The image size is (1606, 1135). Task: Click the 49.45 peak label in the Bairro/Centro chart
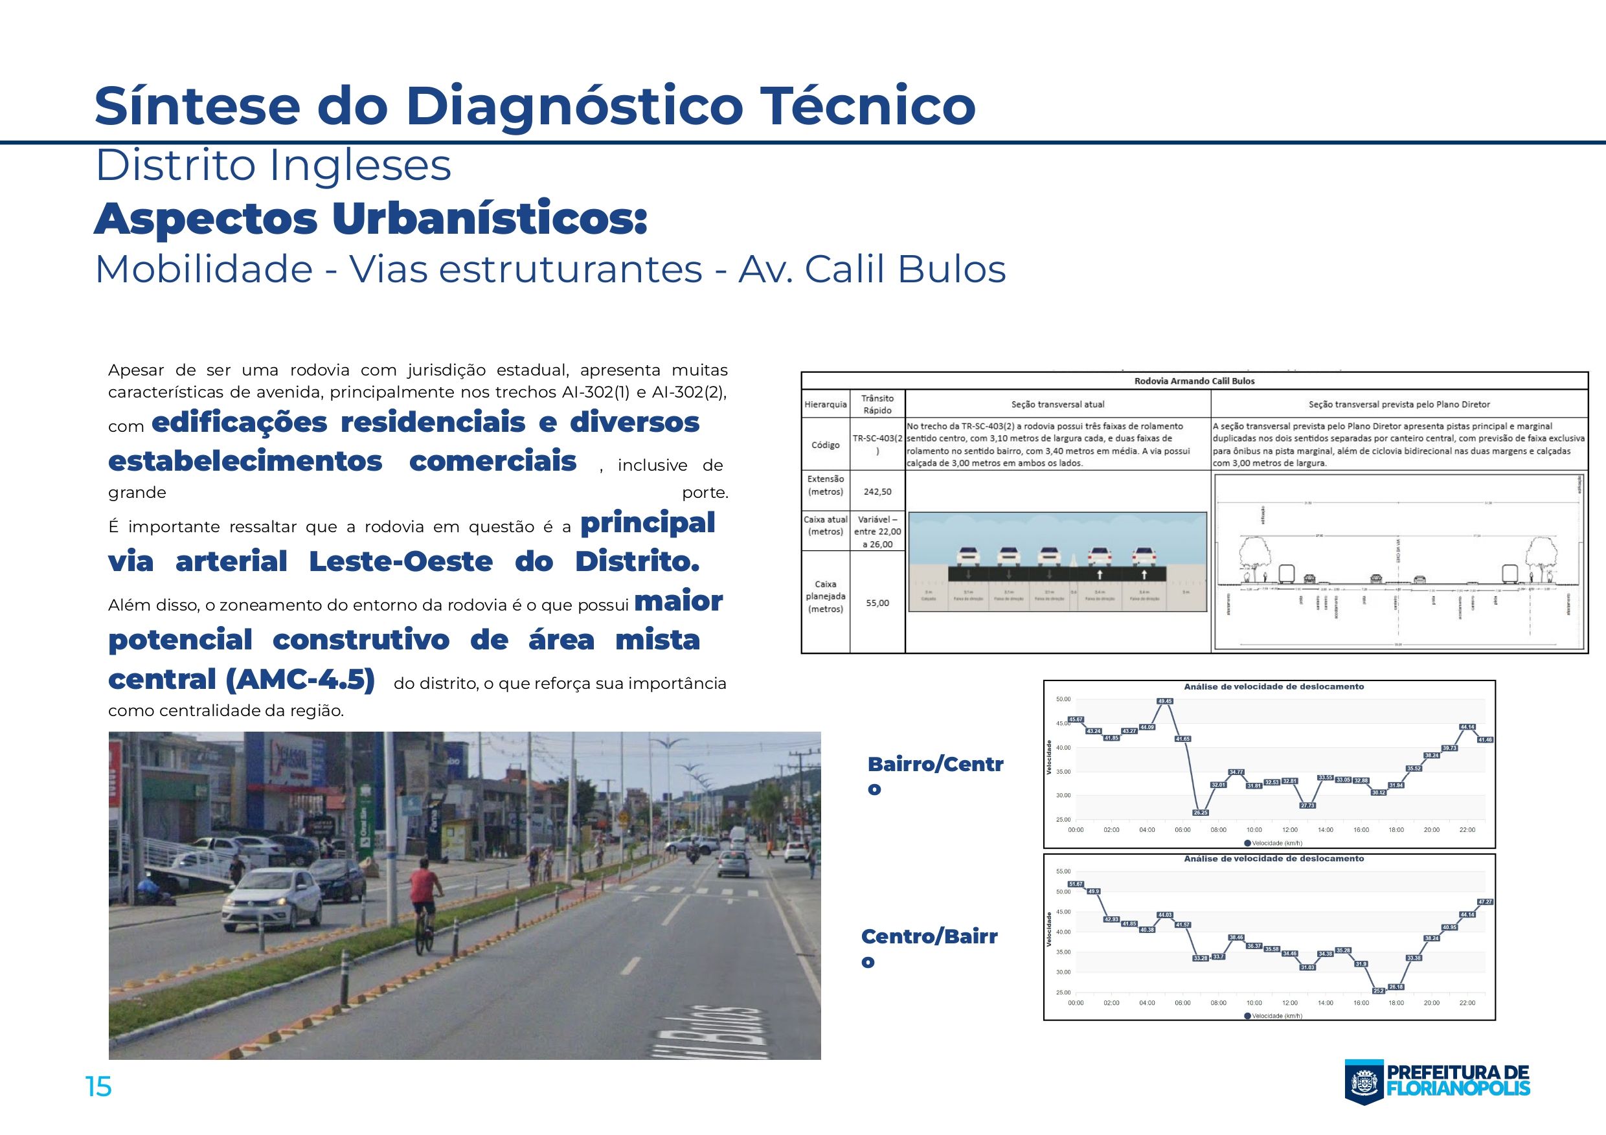pos(1164,701)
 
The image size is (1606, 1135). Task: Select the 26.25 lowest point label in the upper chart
pos(1201,813)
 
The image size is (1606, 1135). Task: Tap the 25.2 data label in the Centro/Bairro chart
pos(1379,991)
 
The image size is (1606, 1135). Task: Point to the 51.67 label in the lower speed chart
pos(1076,884)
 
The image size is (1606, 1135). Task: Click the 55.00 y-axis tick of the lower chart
pos(1063,871)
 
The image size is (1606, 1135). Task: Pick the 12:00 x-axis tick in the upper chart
pos(1290,830)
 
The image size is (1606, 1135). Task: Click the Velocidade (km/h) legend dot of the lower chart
pos(1248,1016)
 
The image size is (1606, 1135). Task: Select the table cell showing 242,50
pos(877,491)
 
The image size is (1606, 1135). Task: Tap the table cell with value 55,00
pos(877,603)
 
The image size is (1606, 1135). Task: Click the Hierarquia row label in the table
pos(826,404)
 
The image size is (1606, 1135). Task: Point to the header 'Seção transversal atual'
pos(1057,404)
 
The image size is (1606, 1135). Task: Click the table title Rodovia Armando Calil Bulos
pos(1194,381)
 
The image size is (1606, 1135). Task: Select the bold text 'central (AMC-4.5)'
pos(242,679)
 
